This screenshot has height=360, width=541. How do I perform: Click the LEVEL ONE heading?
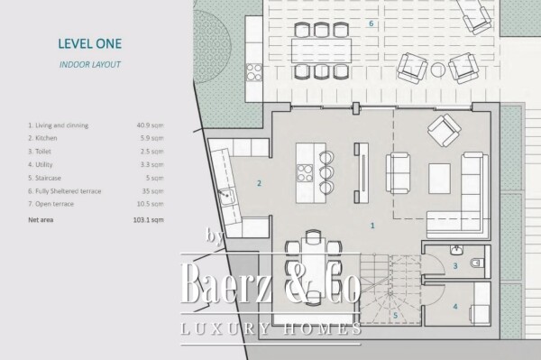88,42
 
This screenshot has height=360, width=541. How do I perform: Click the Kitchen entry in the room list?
44,137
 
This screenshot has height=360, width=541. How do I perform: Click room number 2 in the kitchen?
259,184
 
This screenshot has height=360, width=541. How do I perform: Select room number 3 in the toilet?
455,266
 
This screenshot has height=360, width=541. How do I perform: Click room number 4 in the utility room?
455,307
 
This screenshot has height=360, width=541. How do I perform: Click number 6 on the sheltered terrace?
371,23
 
